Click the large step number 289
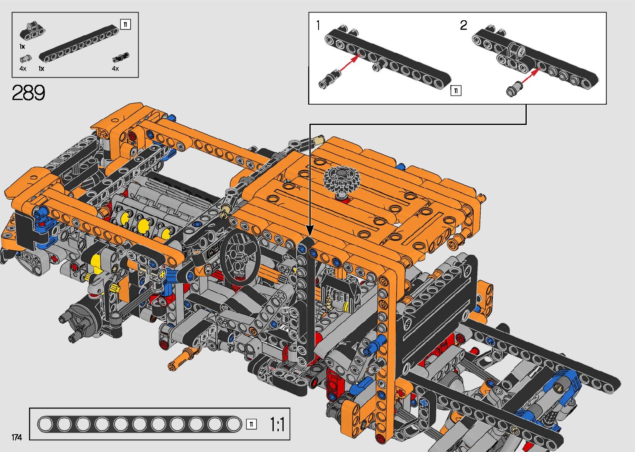[28, 93]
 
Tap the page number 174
[17, 437]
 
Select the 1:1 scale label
[277, 424]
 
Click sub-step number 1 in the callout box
[318, 25]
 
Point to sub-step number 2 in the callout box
[463, 25]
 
